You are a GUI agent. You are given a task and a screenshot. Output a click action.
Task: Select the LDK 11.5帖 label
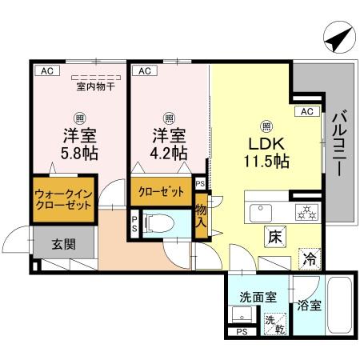(266, 151)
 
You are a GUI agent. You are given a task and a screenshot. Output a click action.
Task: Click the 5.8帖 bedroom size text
(81, 153)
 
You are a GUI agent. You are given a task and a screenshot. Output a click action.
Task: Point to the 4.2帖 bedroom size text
(168, 153)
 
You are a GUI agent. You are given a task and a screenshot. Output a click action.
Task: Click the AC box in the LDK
(306, 111)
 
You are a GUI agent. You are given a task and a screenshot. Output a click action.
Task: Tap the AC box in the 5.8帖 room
(46, 70)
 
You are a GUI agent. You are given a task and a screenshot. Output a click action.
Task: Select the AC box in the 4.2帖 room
(145, 70)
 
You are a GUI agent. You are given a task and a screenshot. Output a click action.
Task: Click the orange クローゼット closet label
(161, 192)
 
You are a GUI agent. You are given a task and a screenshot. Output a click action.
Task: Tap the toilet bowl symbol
(159, 224)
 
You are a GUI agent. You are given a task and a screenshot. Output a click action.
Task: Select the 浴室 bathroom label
(308, 304)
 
